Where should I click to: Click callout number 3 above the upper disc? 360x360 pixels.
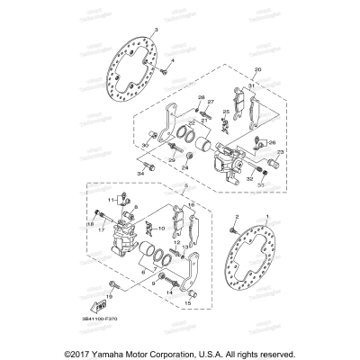157,31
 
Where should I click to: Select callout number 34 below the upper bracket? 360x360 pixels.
139,172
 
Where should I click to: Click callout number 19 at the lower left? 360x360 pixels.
109,295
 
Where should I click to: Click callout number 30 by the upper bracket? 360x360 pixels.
145,144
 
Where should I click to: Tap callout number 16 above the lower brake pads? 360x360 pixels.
192,205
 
